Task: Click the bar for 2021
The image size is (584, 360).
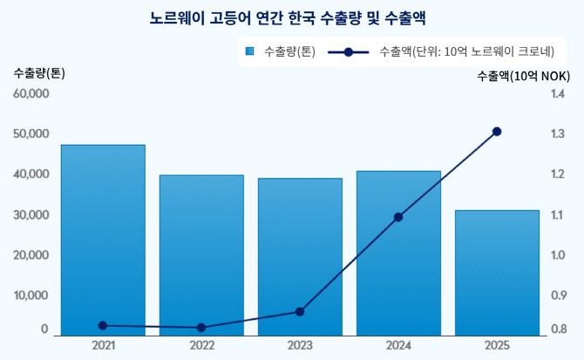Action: pos(103,240)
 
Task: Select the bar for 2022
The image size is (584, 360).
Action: pos(201,255)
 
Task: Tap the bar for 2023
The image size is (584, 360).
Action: pos(300,256)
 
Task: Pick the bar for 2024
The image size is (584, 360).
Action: pos(398,253)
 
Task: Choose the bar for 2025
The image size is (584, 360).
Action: pos(497,272)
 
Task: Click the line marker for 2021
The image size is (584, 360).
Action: pos(103,325)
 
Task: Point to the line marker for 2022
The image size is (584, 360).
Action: pos(201,328)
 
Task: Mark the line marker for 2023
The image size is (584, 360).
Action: pos(300,311)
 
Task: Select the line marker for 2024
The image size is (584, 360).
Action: pos(398,217)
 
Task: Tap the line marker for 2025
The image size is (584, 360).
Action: pos(497,132)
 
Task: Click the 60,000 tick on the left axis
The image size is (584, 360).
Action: pos(31,93)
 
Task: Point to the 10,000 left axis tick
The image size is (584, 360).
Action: pos(31,295)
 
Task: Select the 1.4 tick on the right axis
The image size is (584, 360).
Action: pos(558,93)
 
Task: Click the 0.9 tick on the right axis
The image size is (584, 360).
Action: pos(558,295)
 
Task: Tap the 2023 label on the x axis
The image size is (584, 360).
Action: pos(300,346)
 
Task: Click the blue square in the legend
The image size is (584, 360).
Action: pos(250,51)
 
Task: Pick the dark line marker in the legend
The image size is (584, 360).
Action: pos(349,51)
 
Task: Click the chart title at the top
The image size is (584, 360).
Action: pos(292,17)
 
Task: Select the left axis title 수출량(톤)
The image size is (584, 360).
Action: pos(39,73)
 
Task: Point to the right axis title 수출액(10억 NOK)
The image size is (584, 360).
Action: pos(524,77)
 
